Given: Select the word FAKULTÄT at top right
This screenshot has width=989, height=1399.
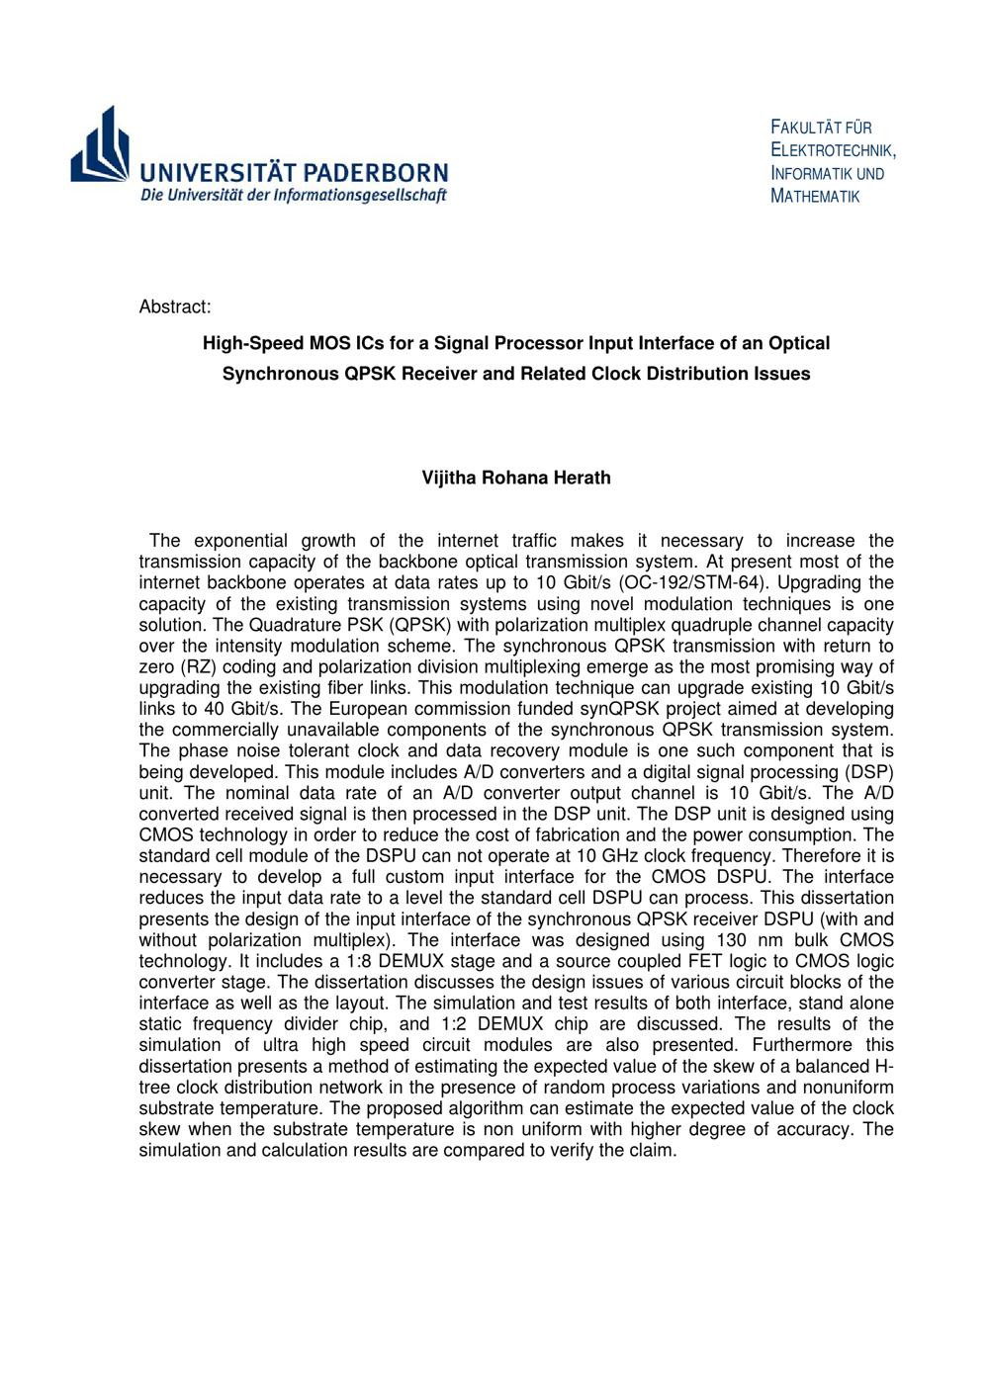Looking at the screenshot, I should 807,128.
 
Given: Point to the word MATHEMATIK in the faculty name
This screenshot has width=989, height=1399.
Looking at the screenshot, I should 815,196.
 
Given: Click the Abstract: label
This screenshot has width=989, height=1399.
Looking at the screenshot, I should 175,306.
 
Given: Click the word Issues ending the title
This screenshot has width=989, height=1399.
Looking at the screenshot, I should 779,374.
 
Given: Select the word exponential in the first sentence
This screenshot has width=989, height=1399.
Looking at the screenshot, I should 236,540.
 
